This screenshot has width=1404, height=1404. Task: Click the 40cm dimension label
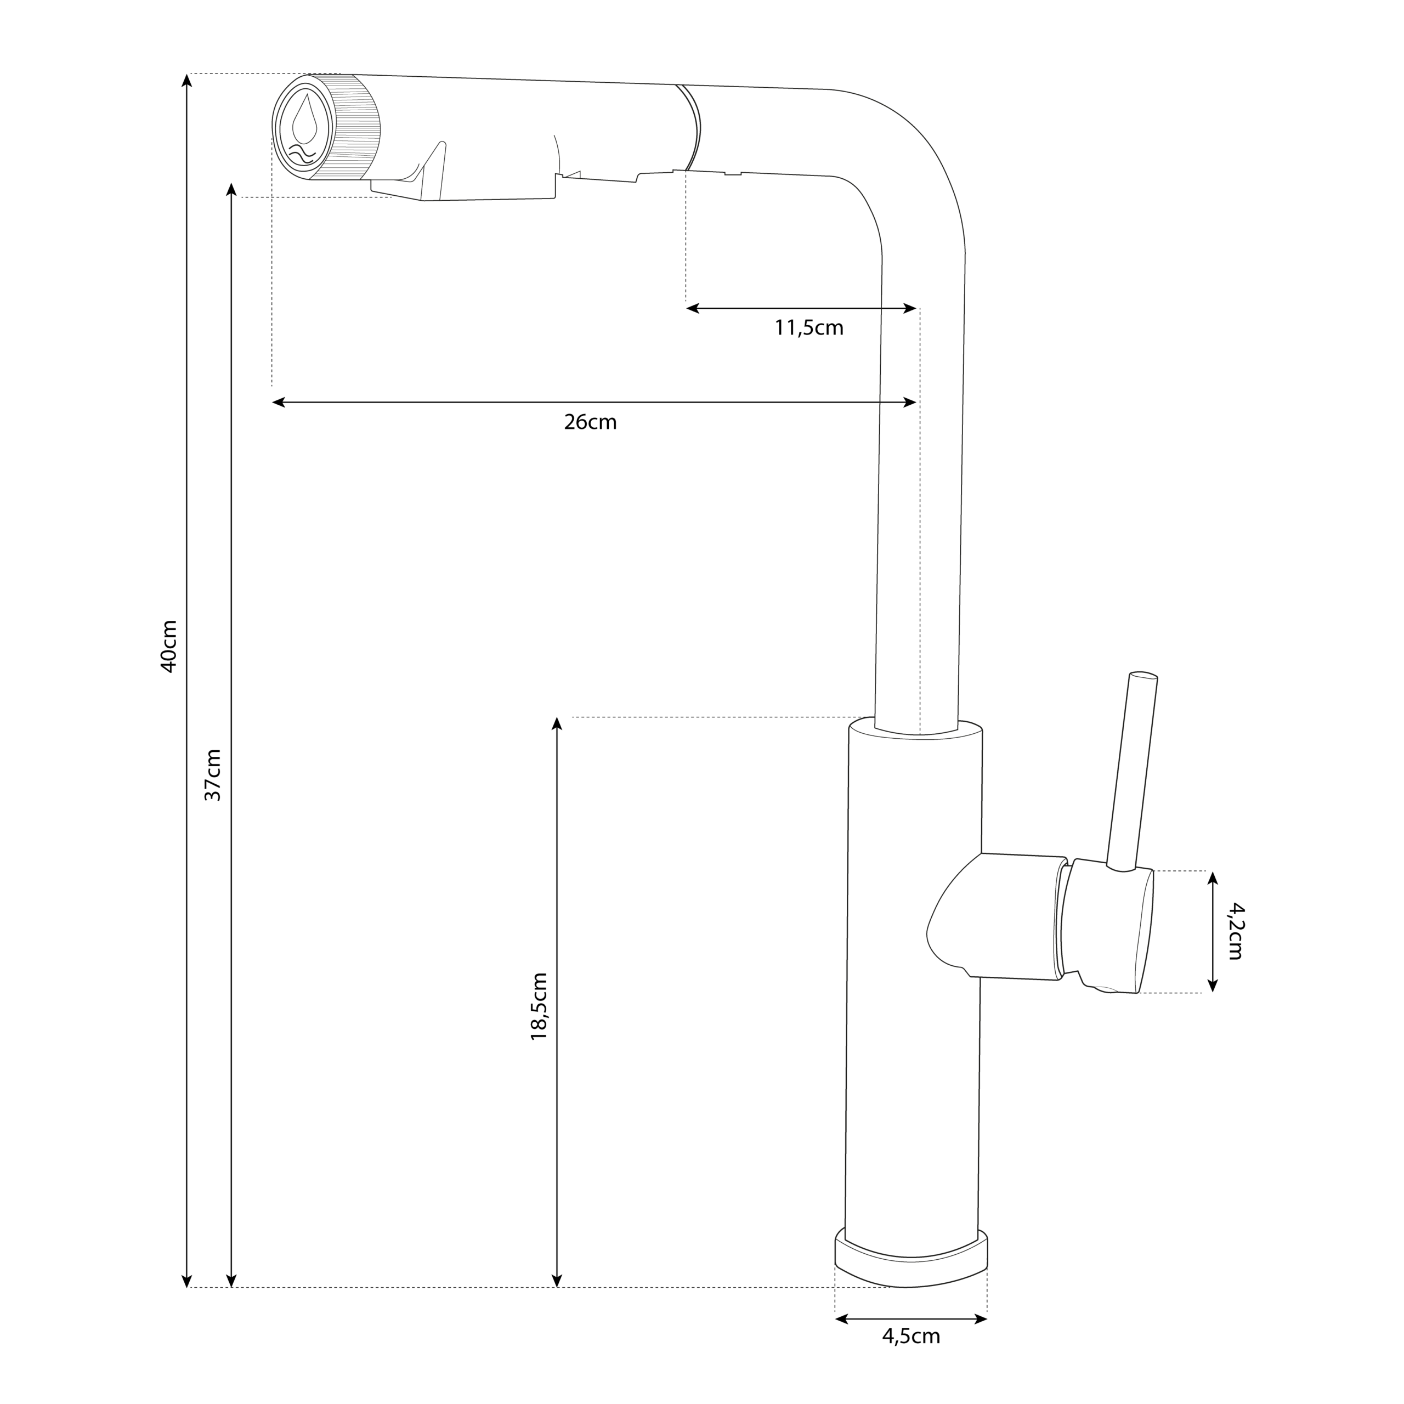pyautogui.click(x=168, y=646)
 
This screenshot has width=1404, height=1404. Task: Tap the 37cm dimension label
pyautogui.click(x=212, y=775)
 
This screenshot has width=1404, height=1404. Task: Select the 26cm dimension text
pyautogui.click(x=590, y=422)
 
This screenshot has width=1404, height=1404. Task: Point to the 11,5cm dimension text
pyautogui.click(x=809, y=328)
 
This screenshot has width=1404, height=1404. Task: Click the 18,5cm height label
pyautogui.click(x=539, y=1006)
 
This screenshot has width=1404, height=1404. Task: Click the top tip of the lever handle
pyautogui.click(x=1143, y=676)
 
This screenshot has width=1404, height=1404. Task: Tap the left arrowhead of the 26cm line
pyautogui.click(x=277, y=403)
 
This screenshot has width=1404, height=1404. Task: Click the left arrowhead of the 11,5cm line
pyautogui.click(x=691, y=308)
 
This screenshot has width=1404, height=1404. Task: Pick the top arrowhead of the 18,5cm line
pyautogui.click(x=557, y=722)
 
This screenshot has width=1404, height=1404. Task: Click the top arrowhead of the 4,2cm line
pyautogui.click(x=1212, y=876)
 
